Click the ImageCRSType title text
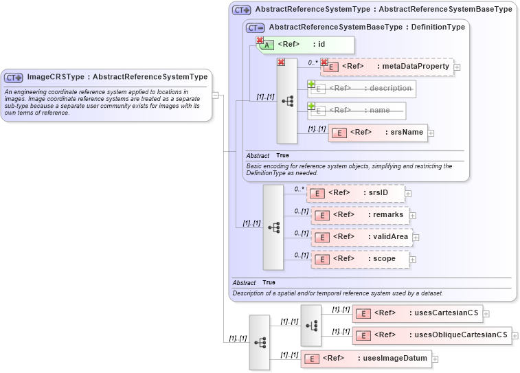coord(117,77)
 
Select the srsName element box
coord(378,133)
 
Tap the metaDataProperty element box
coord(388,67)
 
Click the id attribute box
coord(306,45)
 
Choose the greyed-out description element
coord(361,89)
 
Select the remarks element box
coord(361,215)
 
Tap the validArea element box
coord(361,237)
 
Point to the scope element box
coord(361,259)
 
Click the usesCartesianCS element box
coord(417,313)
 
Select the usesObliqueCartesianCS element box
coord(431,336)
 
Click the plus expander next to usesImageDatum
coord(435,359)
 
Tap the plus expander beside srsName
coord(431,133)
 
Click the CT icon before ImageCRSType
coord(14,78)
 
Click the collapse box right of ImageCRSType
coord(215,95)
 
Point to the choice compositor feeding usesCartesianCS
coord(310,325)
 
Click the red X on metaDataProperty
coord(324,63)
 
